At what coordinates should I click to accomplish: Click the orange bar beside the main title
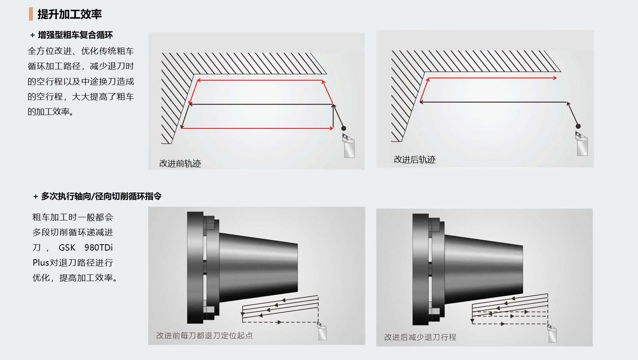click(x=31, y=14)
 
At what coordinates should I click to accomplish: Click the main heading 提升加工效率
click(x=69, y=14)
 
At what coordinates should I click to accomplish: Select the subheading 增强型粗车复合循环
click(x=75, y=35)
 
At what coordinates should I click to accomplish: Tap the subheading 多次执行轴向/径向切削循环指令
click(x=101, y=196)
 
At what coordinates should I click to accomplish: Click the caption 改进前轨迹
click(x=180, y=163)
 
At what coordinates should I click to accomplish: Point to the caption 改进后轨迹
click(x=415, y=159)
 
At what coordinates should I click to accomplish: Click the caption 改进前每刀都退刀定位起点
click(x=204, y=335)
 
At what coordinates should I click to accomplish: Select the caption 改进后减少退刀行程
click(x=420, y=337)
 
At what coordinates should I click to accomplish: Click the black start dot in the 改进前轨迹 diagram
click(x=344, y=128)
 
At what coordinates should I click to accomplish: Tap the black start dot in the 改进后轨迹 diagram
click(x=578, y=126)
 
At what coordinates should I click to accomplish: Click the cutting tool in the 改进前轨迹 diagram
click(x=348, y=146)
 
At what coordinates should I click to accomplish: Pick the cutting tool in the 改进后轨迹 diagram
click(x=582, y=144)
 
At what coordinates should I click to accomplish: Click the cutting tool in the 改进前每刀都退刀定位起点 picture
click(x=322, y=331)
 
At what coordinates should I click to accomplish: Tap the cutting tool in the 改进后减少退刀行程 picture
click(x=552, y=333)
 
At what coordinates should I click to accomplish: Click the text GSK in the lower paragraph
click(x=67, y=247)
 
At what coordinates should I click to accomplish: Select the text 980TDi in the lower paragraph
click(x=99, y=247)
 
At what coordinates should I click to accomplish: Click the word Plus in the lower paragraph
click(x=41, y=262)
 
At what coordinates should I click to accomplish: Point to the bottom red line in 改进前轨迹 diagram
click(x=257, y=128)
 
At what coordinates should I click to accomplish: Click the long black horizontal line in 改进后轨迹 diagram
click(x=494, y=102)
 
